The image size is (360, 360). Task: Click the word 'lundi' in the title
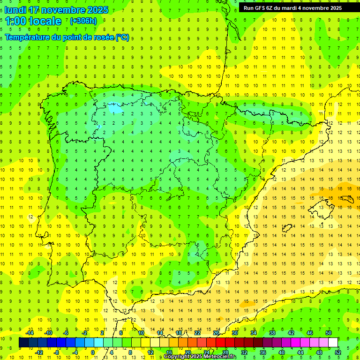15,10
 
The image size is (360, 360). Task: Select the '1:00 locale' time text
33,21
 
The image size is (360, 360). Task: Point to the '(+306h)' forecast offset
83,21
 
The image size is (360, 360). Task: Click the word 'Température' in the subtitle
28,37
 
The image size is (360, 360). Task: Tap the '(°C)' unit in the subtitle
122,37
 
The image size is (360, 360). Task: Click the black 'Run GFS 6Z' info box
293,7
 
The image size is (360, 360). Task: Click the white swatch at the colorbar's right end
333,343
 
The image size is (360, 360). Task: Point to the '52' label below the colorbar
338,352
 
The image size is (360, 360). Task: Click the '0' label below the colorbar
93,352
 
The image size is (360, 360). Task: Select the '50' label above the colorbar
328,333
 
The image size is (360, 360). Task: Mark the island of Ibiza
285,228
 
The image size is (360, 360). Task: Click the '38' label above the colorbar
272,333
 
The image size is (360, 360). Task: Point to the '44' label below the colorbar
300,352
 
